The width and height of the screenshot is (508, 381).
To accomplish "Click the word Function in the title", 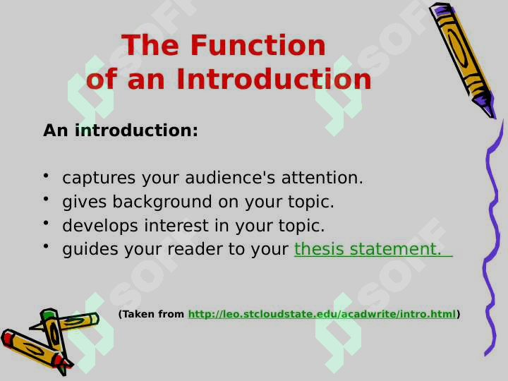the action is [x=258, y=45].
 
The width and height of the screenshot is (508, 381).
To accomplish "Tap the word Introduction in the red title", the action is [x=274, y=79].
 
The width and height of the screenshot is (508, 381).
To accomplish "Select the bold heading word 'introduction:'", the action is [x=136, y=131].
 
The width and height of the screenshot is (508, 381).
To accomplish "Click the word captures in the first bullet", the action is [x=99, y=178].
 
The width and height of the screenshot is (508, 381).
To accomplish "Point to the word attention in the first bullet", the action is [x=322, y=178].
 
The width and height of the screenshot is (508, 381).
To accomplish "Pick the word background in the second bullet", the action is [x=162, y=202].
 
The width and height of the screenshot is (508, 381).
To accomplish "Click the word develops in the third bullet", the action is [x=100, y=226].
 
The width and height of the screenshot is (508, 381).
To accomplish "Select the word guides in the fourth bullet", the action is [x=90, y=250].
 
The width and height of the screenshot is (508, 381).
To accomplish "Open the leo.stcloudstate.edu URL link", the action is [x=322, y=314].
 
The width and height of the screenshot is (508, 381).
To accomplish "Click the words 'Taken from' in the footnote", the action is [x=151, y=314].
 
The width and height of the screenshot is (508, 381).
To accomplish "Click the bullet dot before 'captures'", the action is [x=46, y=175].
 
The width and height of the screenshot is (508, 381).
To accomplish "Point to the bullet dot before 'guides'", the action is [x=46, y=246].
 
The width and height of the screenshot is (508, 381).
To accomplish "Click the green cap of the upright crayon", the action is [x=48, y=313].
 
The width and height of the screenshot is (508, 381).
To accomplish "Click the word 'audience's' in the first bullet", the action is [x=230, y=178].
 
